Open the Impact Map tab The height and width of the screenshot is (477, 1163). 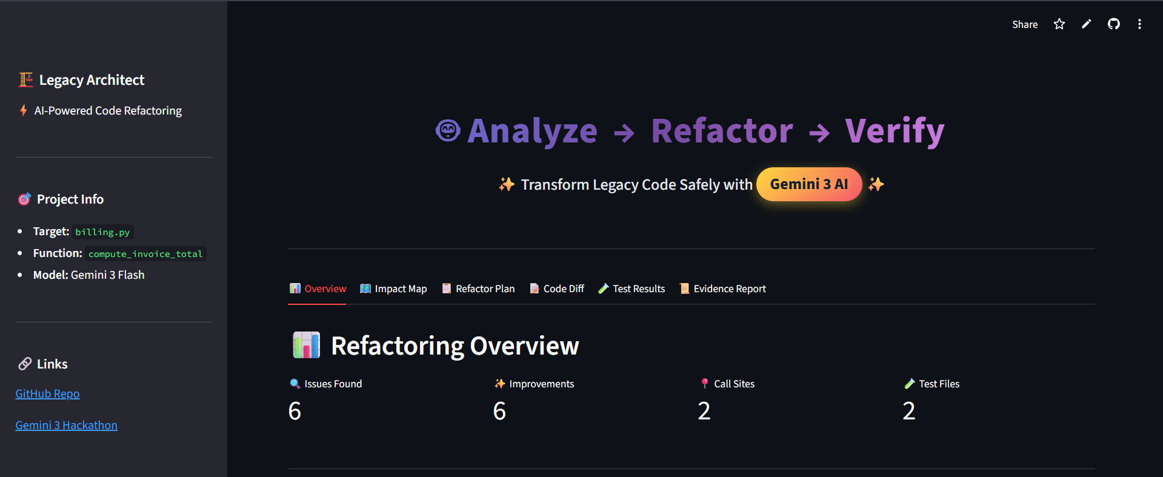394,289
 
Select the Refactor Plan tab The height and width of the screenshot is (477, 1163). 478,289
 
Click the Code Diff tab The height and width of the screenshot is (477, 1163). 557,289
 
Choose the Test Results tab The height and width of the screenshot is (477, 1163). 631,289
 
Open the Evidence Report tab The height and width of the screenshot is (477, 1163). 723,289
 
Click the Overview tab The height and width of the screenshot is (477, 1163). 318,289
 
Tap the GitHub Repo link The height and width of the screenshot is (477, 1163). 47,394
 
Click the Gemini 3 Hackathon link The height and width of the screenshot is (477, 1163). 66,425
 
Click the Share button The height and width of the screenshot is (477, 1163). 1025,24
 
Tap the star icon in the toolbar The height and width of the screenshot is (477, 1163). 1059,24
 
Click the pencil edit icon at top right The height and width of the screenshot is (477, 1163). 1087,24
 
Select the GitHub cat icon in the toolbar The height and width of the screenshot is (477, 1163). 1114,24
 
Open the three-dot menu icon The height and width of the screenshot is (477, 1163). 1139,24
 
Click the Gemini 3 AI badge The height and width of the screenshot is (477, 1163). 809,184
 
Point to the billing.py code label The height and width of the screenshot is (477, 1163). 102,232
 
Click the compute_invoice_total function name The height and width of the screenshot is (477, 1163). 145,254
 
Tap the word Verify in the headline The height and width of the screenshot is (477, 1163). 895,131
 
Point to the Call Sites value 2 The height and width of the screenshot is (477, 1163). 704,411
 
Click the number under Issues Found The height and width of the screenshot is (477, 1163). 295,411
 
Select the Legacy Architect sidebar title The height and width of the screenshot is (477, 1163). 92,80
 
